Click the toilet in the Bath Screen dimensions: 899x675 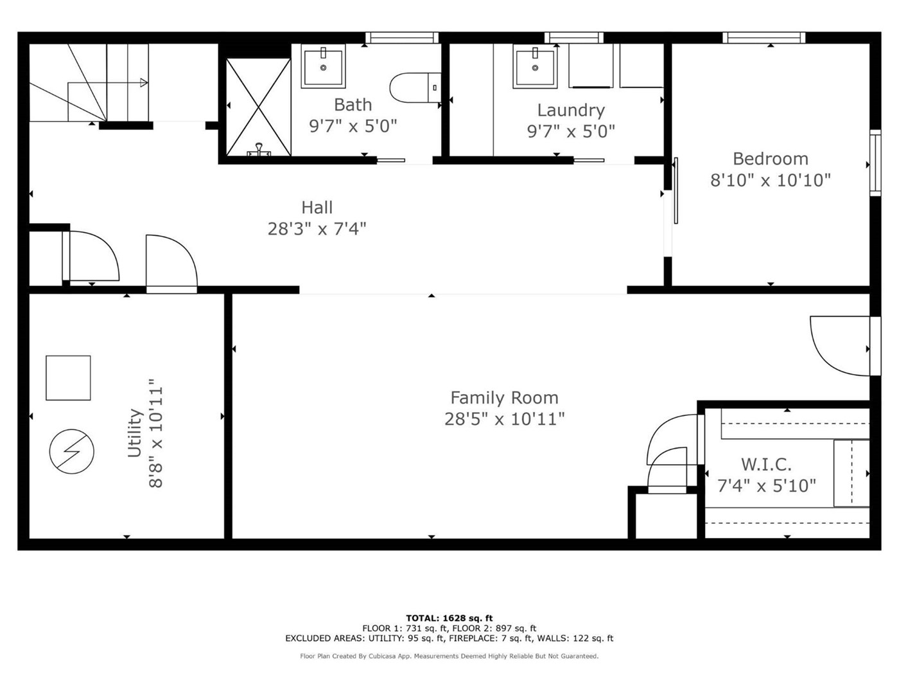click(x=415, y=87)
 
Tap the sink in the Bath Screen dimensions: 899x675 click(x=323, y=66)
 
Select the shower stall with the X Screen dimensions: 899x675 click(x=258, y=107)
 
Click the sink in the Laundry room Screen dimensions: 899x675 click(x=535, y=66)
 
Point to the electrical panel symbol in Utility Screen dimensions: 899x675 click(x=72, y=452)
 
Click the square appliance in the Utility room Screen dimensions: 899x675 click(x=68, y=378)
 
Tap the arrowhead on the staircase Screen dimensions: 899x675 click(x=144, y=83)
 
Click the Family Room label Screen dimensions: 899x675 click(x=504, y=397)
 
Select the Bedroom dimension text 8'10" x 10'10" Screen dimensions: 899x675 click(x=771, y=181)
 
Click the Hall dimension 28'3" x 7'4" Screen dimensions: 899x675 click(x=317, y=229)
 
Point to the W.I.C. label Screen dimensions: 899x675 click(x=766, y=464)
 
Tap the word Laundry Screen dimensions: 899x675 click(x=571, y=111)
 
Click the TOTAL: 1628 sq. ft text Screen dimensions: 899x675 click(x=449, y=618)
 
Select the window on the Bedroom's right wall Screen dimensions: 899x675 click(x=875, y=163)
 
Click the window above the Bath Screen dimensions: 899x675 click(x=402, y=38)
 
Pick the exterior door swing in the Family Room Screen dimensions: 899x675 click(x=841, y=346)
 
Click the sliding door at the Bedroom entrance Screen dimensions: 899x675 click(x=676, y=190)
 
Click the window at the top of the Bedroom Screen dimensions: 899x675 click(x=764, y=38)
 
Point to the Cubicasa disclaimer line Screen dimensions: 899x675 click(x=449, y=656)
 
